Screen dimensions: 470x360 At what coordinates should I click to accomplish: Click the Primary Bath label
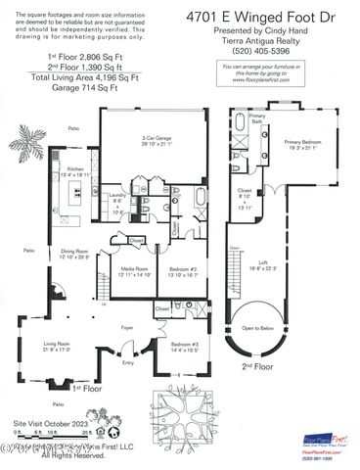click(256, 117)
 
